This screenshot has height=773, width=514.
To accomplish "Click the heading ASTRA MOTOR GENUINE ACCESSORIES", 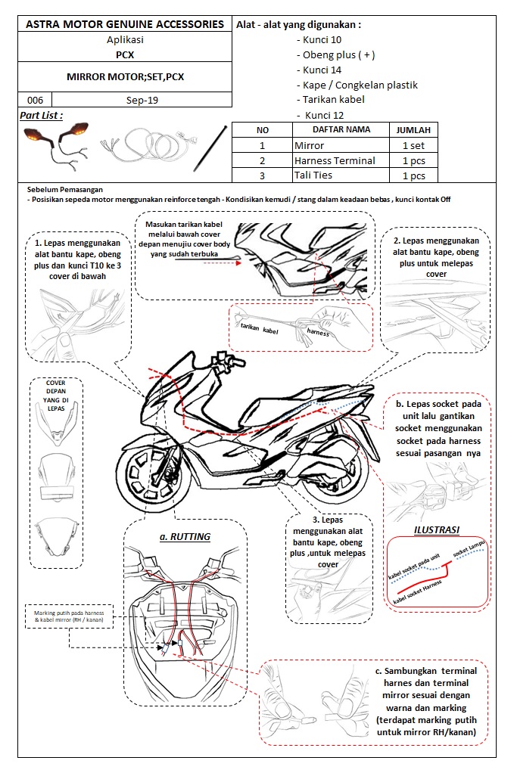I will coord(125,24).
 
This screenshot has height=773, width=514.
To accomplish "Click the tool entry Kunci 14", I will coord(322,70).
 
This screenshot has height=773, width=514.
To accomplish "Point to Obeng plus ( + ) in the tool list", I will coord(337,54).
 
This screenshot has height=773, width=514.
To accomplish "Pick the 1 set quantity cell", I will coord(413,145).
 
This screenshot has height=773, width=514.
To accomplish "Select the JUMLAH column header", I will coord(413,129).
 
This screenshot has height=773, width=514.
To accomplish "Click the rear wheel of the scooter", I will coord(331,473).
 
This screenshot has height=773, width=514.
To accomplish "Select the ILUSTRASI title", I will coord(437,529).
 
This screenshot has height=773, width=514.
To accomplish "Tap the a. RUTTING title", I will coord(185,537).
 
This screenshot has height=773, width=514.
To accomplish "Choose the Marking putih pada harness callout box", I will coord(69,615).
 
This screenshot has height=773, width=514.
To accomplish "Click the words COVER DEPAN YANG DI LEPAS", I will coord(56,395).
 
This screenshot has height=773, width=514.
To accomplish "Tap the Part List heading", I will coord(41,116).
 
